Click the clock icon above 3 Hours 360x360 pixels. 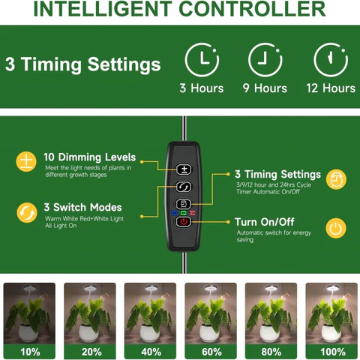point(202,60)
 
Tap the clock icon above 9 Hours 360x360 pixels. point(265,60)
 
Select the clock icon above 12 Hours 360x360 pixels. point(331,60)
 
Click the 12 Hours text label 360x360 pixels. point(331,88)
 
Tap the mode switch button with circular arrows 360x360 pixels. point(184,187)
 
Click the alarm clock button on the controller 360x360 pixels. point(184,204)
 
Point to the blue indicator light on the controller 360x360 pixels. point(174,213)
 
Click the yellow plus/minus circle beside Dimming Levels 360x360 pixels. point(26,161)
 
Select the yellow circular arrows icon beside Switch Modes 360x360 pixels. point(27,212)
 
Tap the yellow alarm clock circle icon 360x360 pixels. point(336,179)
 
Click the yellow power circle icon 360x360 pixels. point(336,228)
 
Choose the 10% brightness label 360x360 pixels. point(30,352)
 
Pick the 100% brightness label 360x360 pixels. point(333,352)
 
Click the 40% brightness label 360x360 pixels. point(151,352)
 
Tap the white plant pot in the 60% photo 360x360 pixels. point(209,333)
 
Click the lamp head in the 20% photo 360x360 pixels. point(89,288)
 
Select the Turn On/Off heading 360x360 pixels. point(265,222)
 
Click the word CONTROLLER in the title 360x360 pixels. point(252,9)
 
